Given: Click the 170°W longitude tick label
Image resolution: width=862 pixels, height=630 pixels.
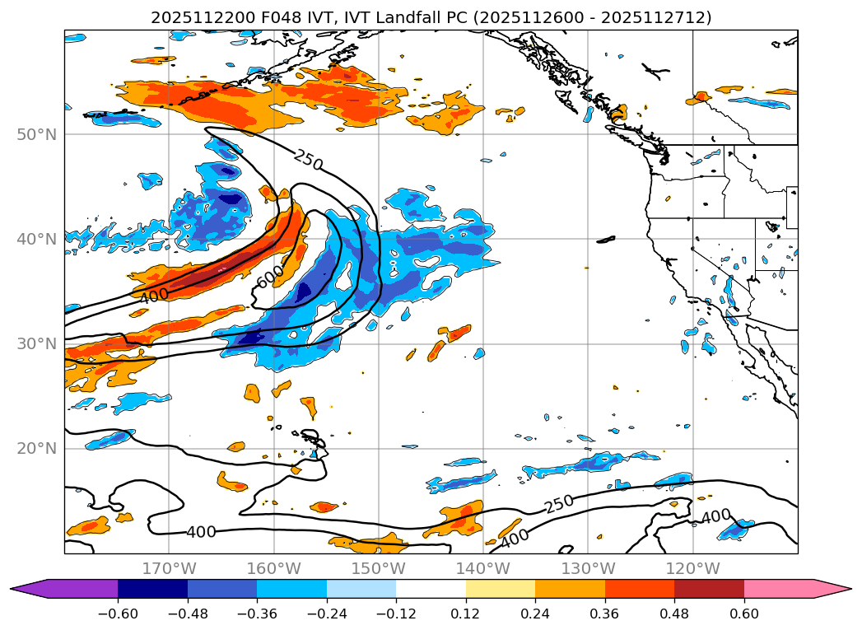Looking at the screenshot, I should coord(169,568).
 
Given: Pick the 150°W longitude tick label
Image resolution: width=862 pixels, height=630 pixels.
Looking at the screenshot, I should coord(379,568).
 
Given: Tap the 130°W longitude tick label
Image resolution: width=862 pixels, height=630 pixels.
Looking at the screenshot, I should coord(588,568).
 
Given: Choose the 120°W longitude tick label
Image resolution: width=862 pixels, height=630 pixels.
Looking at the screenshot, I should coord(692,568).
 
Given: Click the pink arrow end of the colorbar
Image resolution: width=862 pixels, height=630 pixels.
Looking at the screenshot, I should coord(836,588).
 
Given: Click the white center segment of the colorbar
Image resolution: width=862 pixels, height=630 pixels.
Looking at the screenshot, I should coord(431,588).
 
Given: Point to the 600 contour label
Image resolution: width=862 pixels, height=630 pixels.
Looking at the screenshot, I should coord(270,278).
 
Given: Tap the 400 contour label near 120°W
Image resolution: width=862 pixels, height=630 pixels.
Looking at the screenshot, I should coord(715,517).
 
